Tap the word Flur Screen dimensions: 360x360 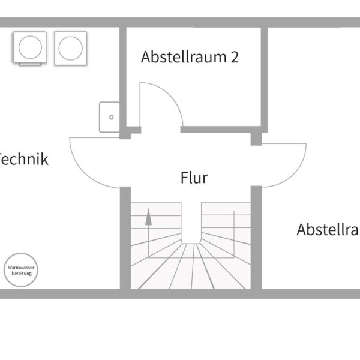pyautogui.click(x=194, y=178)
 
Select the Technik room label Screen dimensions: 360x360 pyautogui.click(x=23, y=160)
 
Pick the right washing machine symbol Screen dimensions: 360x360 pyautogui.click(x=70, y=47)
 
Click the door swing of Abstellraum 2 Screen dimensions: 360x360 pyautogui.click(x=160, y=105)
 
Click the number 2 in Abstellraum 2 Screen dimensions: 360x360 pyautogui.click(x=235, y=57)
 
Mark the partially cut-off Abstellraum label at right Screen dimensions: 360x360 pyautogui.click(x=328, y=230)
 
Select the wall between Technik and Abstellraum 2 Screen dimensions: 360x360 pyautogui.click(x=123, y=78)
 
